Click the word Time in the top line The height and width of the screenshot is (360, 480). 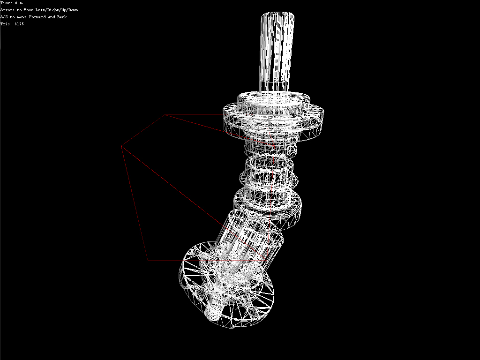pyautogui.click(x=6, y=3)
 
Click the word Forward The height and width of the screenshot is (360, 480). pyautogui.click(x=37, y=17)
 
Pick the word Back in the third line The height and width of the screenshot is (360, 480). pyautogui.click(x=61, y=17)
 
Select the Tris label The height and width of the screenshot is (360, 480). pyautogui.click(x=6, y=24)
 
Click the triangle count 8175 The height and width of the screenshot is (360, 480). pyautogui.click(x=19, y=24)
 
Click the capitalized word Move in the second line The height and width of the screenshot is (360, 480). pyautogui.click(x=29, y=10)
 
